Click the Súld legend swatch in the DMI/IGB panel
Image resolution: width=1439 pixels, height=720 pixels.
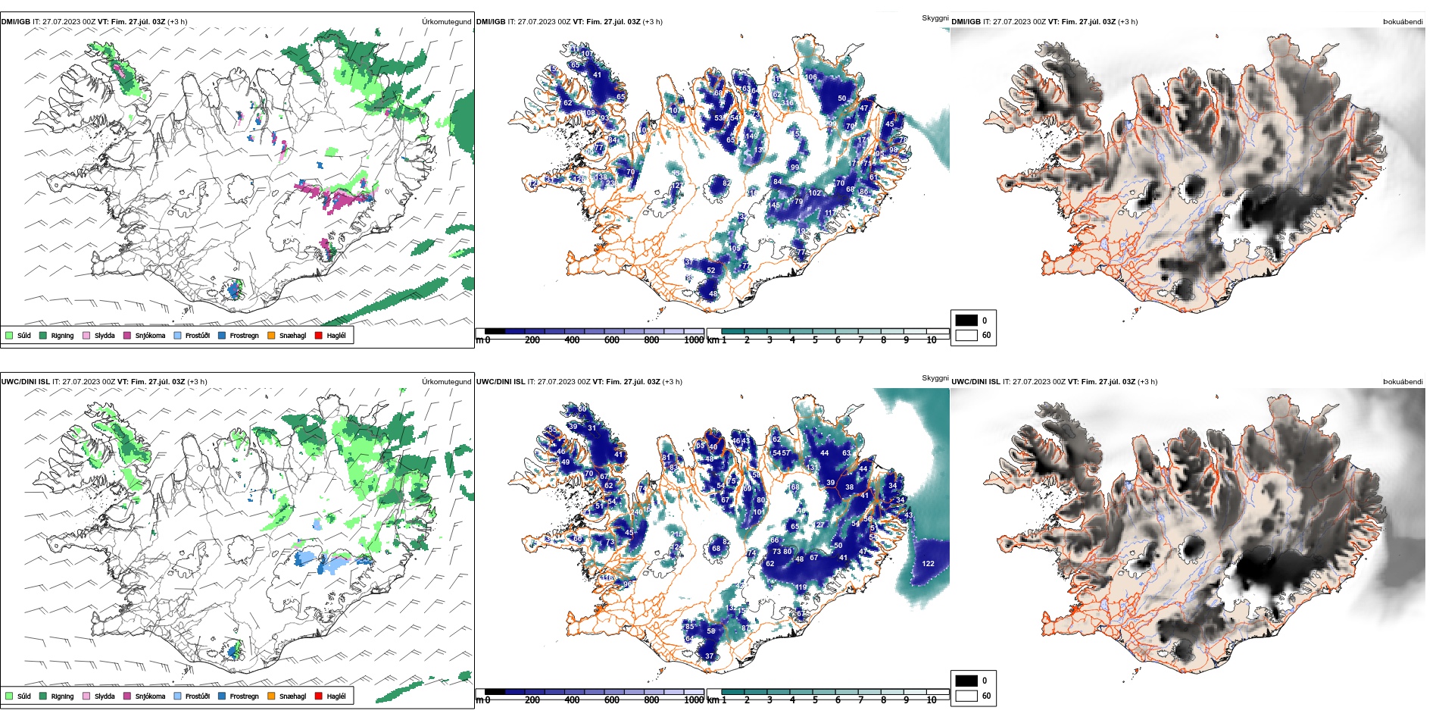(9, 335)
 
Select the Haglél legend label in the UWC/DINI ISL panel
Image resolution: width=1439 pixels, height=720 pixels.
(336, 696)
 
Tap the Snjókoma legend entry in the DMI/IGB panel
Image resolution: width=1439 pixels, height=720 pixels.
(149, 335)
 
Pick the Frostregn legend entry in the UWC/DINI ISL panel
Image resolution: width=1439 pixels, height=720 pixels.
(244, 696)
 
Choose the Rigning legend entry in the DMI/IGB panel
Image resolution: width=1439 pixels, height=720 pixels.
(62, 335)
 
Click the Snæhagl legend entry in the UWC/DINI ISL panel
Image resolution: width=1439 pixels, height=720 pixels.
(292, 696)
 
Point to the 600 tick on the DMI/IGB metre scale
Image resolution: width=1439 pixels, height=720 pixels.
(612, 340)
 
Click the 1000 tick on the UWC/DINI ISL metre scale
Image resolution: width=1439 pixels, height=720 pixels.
(694, 700)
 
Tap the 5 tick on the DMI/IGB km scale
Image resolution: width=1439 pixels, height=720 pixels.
(815, 340)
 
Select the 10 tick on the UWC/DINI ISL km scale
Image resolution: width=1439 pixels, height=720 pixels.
(932, 700)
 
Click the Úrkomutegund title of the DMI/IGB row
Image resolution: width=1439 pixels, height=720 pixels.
(446, 22)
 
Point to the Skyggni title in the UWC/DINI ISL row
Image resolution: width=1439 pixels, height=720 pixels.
(935, 377)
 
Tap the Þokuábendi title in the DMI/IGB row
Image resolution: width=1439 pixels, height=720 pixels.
(1403, 22)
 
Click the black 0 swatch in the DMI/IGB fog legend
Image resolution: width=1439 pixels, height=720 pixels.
(966, 320)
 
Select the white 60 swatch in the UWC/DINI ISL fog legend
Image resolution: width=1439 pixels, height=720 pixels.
(966, 696)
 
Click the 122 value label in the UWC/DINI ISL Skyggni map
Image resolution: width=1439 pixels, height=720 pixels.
(929, 563)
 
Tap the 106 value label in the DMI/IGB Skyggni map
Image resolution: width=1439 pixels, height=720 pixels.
(811, 77)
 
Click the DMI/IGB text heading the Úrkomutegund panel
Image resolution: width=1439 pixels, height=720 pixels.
(16, 22)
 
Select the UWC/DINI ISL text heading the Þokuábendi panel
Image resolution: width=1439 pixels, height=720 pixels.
(975, 382)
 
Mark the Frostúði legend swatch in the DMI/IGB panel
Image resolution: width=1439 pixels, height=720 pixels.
(178, 335)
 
